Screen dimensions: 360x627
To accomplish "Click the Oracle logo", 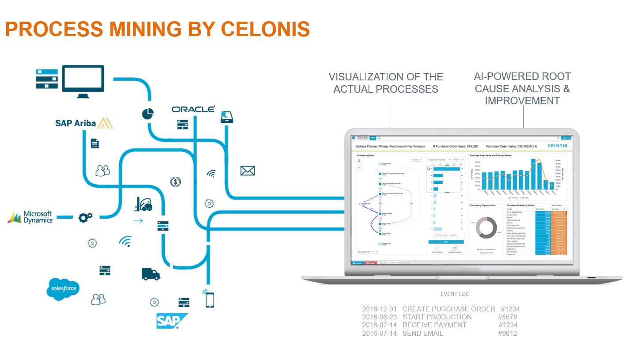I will click(193, 109).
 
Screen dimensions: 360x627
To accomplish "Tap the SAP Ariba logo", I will click(84, 123).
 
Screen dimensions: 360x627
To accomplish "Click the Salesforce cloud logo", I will click(63, 289).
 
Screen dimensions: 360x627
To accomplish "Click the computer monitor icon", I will click(83, 81).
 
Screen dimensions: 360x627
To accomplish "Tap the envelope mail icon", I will click(247, 171).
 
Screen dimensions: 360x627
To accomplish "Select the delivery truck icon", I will click(151, 274).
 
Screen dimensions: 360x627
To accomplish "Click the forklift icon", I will click(143, 204).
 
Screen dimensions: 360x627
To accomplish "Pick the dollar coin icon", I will click(175, 182).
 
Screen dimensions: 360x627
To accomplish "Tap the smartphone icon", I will click(209, 300).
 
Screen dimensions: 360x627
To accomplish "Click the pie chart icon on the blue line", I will click(148, 114).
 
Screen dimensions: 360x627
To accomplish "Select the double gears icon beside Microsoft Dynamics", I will click(85, 217).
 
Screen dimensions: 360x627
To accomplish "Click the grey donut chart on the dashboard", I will click(486, 227).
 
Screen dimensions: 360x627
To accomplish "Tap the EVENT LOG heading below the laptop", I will click(455, 294).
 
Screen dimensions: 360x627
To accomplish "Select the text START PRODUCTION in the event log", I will click(437, 317).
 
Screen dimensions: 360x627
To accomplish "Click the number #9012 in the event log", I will click(507, 333).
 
